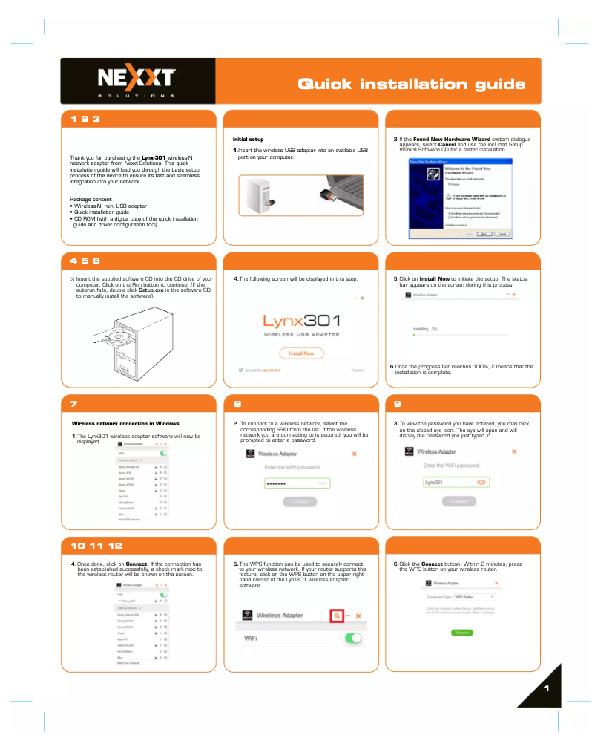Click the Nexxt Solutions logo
(x=137, y=81)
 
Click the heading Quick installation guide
(x=412, y=84)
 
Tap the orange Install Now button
(x=301, y=353)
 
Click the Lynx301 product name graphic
(x=302, y=321)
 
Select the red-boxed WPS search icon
(x=337, y=616)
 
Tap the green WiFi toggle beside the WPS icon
(x=354, y=638)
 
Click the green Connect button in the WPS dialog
(x=461, y=633)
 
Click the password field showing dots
(x=297, y=483)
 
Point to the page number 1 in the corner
(x=545, y=689)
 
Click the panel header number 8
(x=237, y=405)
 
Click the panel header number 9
(x=398, y=405)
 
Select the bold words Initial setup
(x=248, y=139)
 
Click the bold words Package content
(x=91, y=199)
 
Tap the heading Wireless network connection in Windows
(x=125, y=423)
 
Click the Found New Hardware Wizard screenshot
(x=459, y=198)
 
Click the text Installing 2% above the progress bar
(x=425, y=328)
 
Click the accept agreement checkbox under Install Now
(x=241, y=370)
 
